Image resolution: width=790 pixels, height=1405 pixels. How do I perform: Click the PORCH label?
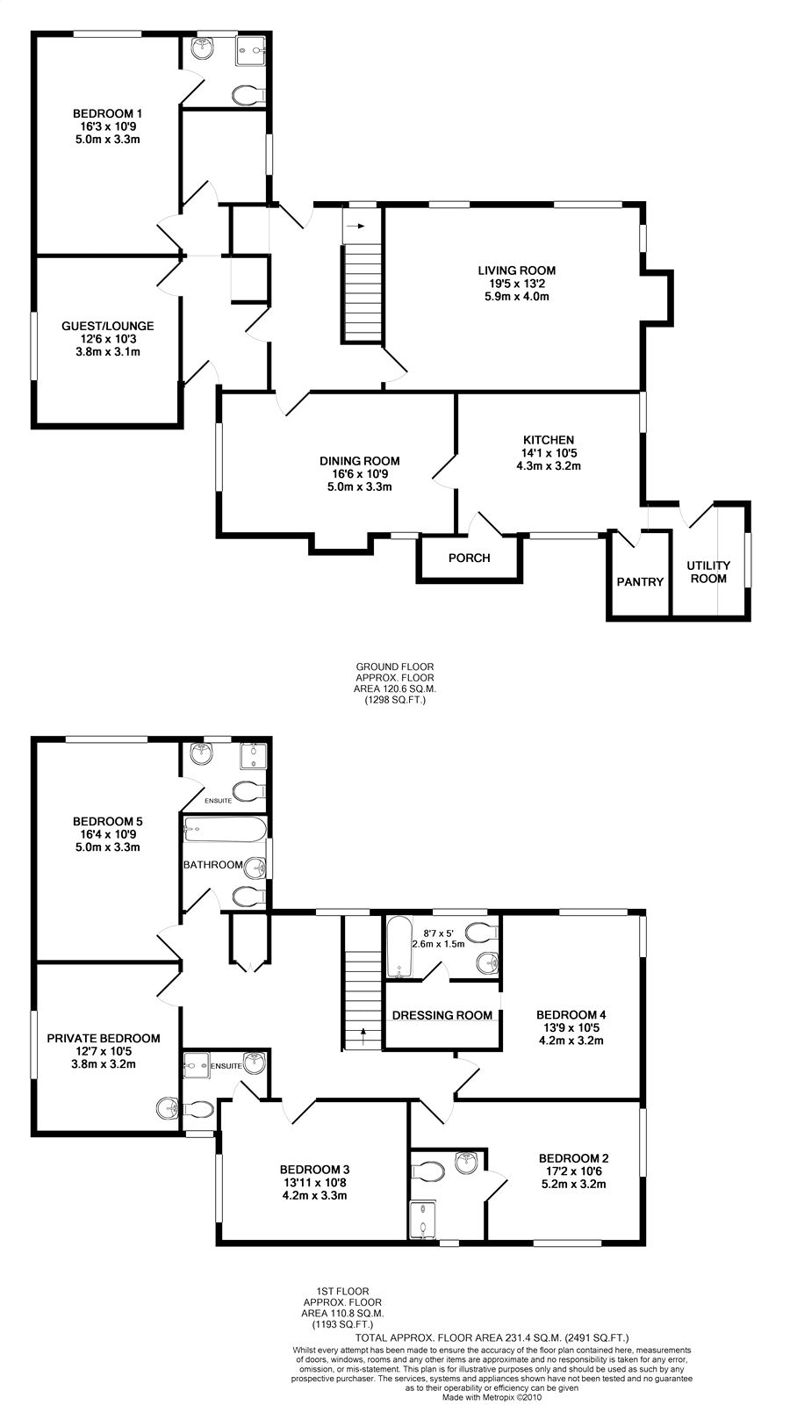pyautogui.click(x=469, y=558)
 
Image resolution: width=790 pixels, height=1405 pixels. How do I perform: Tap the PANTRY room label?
pyautogui.click(x=640, y=582)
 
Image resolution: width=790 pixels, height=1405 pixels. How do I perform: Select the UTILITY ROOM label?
pyautogui.click(x=708, y=572)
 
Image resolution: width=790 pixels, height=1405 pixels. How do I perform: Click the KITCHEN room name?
pyautogui.click(x=549, y=440)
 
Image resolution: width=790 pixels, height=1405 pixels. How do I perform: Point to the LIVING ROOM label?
pyautogui.click(x=517, y=271)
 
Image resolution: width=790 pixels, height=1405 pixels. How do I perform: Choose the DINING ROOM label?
pyautogui.click(x=359, y=462)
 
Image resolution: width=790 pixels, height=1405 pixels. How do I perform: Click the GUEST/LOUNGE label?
pyautogui.click(x=107, y=326)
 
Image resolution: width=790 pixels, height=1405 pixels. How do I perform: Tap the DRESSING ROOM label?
pyautogui.click(x=442, y=1015)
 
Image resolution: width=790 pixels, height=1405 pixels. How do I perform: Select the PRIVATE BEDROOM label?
pyautogui.click(x=104, y=1039)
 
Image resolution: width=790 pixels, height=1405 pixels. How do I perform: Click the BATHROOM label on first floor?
pyautogui.click(x=213, y=865)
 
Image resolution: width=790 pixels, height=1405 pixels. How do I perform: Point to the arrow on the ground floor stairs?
pyautogui.click(x=356, y=226)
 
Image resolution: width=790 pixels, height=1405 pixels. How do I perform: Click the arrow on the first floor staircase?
pyautogui.click(x=363, y=1035)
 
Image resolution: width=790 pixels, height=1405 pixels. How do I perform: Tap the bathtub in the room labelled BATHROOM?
pyautogui.click(x=225, y=829)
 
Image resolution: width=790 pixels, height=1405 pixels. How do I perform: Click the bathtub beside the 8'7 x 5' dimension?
pyautogui.click(x=399, y=947)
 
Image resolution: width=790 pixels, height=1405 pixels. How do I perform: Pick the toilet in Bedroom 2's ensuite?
pyautogui.click(x=428, y=1171)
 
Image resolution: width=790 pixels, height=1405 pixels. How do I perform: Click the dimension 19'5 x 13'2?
pyautogui.click(x=517, y=284)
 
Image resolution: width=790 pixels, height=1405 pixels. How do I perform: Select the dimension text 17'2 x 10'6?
pyautogui.click(x=574, y=1171)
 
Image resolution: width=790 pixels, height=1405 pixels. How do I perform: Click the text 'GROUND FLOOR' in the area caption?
pyautogui.click(x=395, y=666)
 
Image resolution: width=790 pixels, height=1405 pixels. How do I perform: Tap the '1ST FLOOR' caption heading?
pyautogui.click(x=343, y=1291)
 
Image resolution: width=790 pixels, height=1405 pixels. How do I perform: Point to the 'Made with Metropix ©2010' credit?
pyautogui.click(x=492, y=1397)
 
